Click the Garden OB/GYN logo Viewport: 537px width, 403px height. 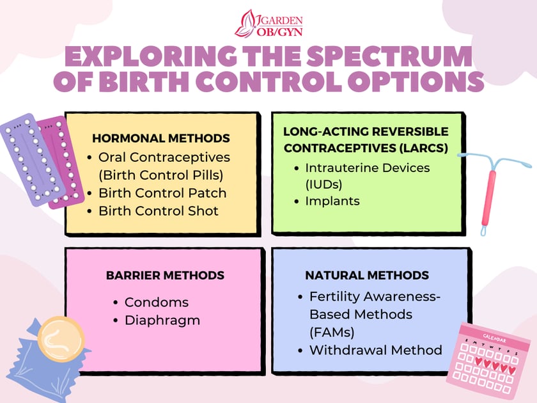pyautogui.click(x=268, y=23)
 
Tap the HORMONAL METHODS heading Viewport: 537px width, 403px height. pyautogui.click(x=161, y=138)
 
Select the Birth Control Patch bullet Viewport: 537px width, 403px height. pyautogui.click(x=162, y=193)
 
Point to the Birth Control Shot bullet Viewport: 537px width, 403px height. pyautogui.click(x=159, y=210)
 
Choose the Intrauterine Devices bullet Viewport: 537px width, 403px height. pyautogui.click(x=367, y=168)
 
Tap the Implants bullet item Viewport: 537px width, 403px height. pyautogui.click(x=332, y=201)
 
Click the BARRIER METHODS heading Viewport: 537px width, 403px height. pyautogui.click(x=165, y=276)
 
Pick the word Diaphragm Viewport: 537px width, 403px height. pyautogui.click(x=162, y=320)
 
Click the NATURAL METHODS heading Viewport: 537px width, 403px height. pyautogui.click(x=367, y=276)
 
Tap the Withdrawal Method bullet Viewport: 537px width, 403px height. pyautogui.click(x=375, y=350)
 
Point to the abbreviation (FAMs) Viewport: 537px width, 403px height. pyautogui.click(x=332, y=333)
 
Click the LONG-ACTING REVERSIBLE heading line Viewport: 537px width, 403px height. pyautogui.click(x=366, y=131)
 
